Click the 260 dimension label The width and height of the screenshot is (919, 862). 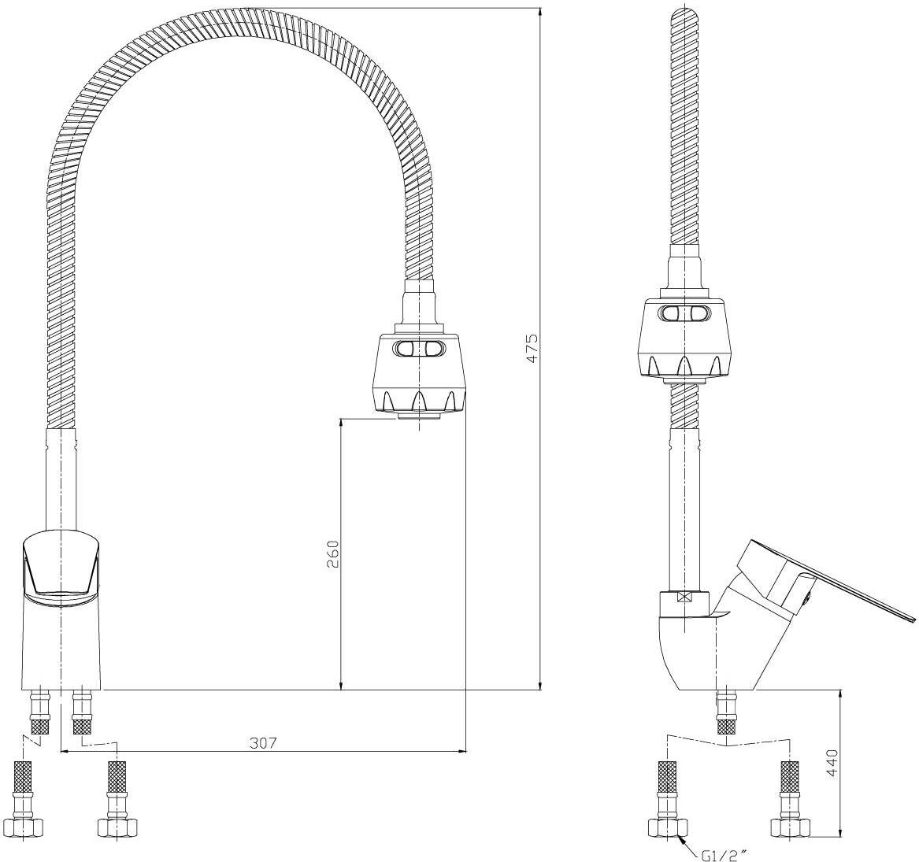click(x=333, y=553)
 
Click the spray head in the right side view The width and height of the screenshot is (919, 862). click(x=684, y=336)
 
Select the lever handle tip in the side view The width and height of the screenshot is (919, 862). click(x=911, y=620)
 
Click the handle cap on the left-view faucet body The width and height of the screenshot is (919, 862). click(x=61, y=561)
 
